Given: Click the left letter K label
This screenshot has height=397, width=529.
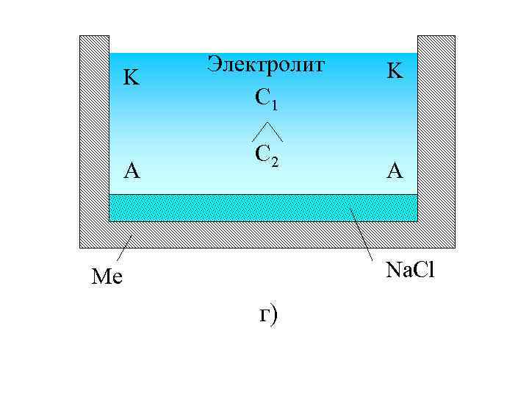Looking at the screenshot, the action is point(132,76).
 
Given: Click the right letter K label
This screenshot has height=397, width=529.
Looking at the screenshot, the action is point(395,71).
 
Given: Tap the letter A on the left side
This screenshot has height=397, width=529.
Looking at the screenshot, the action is point(132,171).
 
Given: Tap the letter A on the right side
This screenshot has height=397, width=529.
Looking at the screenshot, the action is point(395,171).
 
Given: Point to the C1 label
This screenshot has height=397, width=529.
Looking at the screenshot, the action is point(266,99).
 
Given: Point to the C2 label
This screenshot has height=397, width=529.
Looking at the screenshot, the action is point(266,155).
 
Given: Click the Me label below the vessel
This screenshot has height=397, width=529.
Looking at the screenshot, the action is point(107,277).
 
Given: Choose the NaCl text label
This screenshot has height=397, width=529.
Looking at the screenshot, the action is point(411,271).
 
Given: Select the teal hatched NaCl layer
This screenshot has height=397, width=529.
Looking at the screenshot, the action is point(262,207).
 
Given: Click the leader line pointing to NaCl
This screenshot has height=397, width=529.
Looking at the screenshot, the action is point(362,233).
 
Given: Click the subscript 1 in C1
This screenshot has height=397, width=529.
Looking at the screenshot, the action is point(274,105).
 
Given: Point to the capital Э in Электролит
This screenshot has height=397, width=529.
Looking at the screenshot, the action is point(214,64).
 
